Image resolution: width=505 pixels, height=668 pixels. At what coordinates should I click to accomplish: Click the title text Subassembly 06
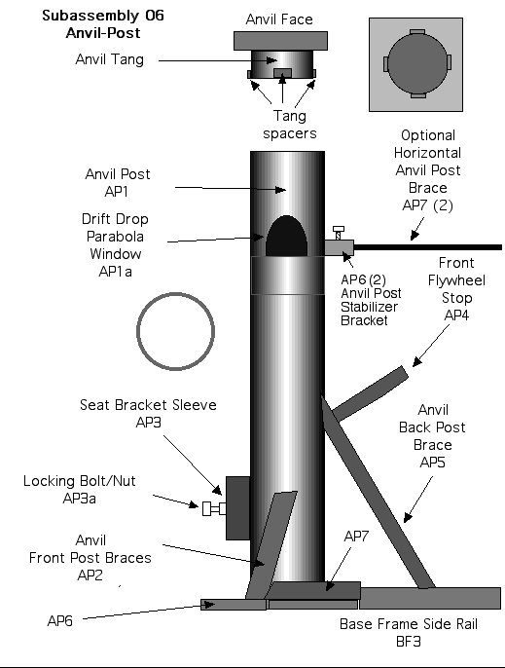103,16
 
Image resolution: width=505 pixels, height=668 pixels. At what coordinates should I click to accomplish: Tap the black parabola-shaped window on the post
287,237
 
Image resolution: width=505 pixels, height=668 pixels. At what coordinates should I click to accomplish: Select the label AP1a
116,272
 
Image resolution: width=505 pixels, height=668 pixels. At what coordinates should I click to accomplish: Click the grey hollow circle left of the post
175,293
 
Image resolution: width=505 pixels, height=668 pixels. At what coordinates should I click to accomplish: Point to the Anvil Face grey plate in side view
280,41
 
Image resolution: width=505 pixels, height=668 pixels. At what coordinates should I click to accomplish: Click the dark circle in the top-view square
417,64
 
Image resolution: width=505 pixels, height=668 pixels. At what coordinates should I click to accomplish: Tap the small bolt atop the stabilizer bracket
339,233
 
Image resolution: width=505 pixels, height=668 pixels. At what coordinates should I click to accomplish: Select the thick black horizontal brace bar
427,247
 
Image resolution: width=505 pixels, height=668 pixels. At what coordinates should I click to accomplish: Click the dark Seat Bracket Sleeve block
238,508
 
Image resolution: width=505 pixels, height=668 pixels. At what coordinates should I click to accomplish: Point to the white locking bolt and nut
214,508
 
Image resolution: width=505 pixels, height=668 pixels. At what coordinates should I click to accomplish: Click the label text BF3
409,641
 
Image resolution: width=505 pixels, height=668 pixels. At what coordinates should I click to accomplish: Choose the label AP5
432,463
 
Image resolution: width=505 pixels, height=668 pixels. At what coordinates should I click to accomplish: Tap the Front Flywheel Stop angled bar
370,393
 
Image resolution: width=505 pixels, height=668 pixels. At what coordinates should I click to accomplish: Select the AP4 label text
456,315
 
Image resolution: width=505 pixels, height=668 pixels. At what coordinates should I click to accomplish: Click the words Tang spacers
290,125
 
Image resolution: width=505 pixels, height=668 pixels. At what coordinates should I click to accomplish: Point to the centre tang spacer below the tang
282,73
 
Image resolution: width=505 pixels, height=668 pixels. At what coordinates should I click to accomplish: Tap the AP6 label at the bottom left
60,621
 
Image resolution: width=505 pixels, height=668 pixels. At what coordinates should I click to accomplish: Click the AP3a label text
79,498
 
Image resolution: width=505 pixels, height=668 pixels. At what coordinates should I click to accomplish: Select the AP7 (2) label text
427,205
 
